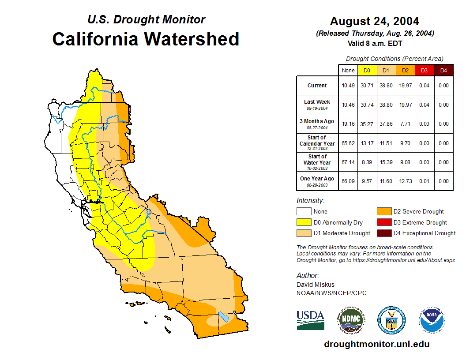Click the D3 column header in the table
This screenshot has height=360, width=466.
[x=424, y=71]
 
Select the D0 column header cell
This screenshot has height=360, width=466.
[x=367, y=71]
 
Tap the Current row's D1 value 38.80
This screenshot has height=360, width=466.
[x=386, y=86]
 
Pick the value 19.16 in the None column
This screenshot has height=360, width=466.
[x=348, y=124]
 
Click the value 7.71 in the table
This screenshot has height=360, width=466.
[x=405, y=124]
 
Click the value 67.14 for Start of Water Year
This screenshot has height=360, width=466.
[x=348, y=162]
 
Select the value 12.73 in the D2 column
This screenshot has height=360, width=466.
[x=405, y=181]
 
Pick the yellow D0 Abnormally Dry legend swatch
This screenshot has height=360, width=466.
[x=304, y=222]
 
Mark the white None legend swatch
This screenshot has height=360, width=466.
[x=304, y=212]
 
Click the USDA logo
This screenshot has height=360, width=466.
[x=310, y=320]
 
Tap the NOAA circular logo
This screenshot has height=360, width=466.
[x=432, y=320]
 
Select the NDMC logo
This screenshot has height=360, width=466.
[x=351, y=320]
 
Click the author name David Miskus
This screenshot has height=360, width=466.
[x=316, y=285]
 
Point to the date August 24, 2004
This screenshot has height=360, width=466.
[x=375, y=21]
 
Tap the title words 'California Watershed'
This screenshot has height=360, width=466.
[x=146, y=39]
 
